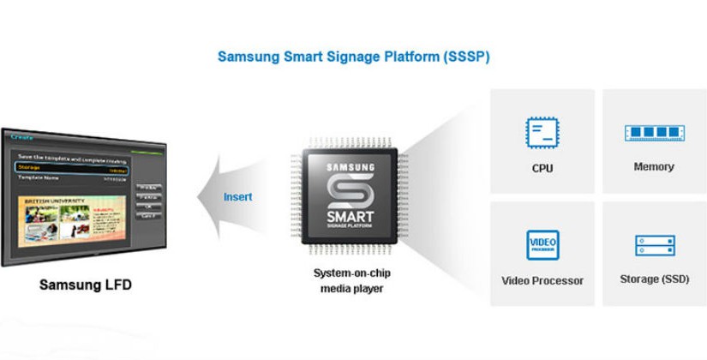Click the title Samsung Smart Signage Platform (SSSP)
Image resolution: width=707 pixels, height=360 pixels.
point(353,57)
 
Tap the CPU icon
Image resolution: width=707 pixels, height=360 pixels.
point(542,133)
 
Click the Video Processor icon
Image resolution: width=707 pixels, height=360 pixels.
point(542,245)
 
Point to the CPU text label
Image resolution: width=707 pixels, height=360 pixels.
point(542,168)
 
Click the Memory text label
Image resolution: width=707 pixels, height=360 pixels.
point(653,167)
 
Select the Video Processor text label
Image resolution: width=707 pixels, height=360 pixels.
point(542,280)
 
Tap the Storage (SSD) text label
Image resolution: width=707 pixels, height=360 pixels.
point(653,279)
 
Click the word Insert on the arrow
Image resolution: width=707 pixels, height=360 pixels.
point(238,196)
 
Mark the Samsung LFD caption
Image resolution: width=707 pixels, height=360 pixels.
point(86,285)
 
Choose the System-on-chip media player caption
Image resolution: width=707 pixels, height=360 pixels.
point(351,280)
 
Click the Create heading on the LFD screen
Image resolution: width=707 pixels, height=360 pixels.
point(22,137)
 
